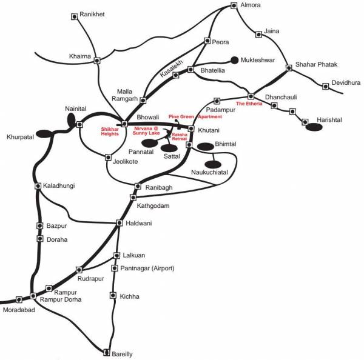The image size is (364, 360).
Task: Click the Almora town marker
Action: (234, 5)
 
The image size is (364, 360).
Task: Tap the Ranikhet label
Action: (92, 14)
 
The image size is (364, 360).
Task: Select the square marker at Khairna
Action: (97, 61)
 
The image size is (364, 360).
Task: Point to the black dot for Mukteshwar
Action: (234, 60)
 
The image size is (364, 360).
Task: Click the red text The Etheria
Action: (249, 104)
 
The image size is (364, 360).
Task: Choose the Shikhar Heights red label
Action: (110, 132)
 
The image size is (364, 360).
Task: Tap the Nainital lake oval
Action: (71, 119)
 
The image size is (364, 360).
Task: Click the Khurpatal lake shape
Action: (44, 134)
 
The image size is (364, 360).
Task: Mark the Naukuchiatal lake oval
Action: (213, 164)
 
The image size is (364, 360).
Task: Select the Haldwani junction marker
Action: (120, 223)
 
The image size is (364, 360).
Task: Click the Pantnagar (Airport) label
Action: (147, 268)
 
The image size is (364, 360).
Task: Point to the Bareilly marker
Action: (106, 352)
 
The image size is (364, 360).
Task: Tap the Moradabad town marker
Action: (19, 299)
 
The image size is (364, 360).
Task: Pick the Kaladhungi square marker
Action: (38, 186)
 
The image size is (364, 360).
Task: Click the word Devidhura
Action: (346, 82)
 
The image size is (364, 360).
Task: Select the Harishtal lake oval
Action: (314, 127)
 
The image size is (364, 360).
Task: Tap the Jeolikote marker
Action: (108, 157)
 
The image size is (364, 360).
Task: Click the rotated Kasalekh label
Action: (172, 68)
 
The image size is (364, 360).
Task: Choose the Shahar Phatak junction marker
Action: (289, 68)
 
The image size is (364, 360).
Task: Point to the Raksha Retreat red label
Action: (180, 136)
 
